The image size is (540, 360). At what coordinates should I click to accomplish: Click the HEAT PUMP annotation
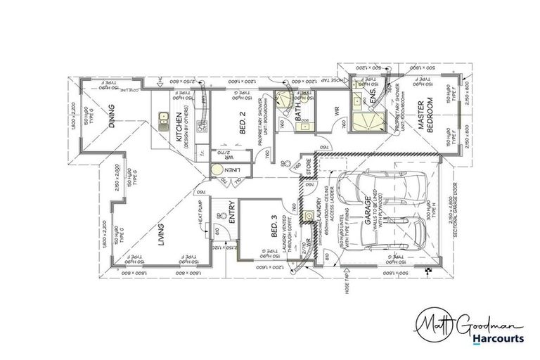pyautogui.click(x=200, y=214)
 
